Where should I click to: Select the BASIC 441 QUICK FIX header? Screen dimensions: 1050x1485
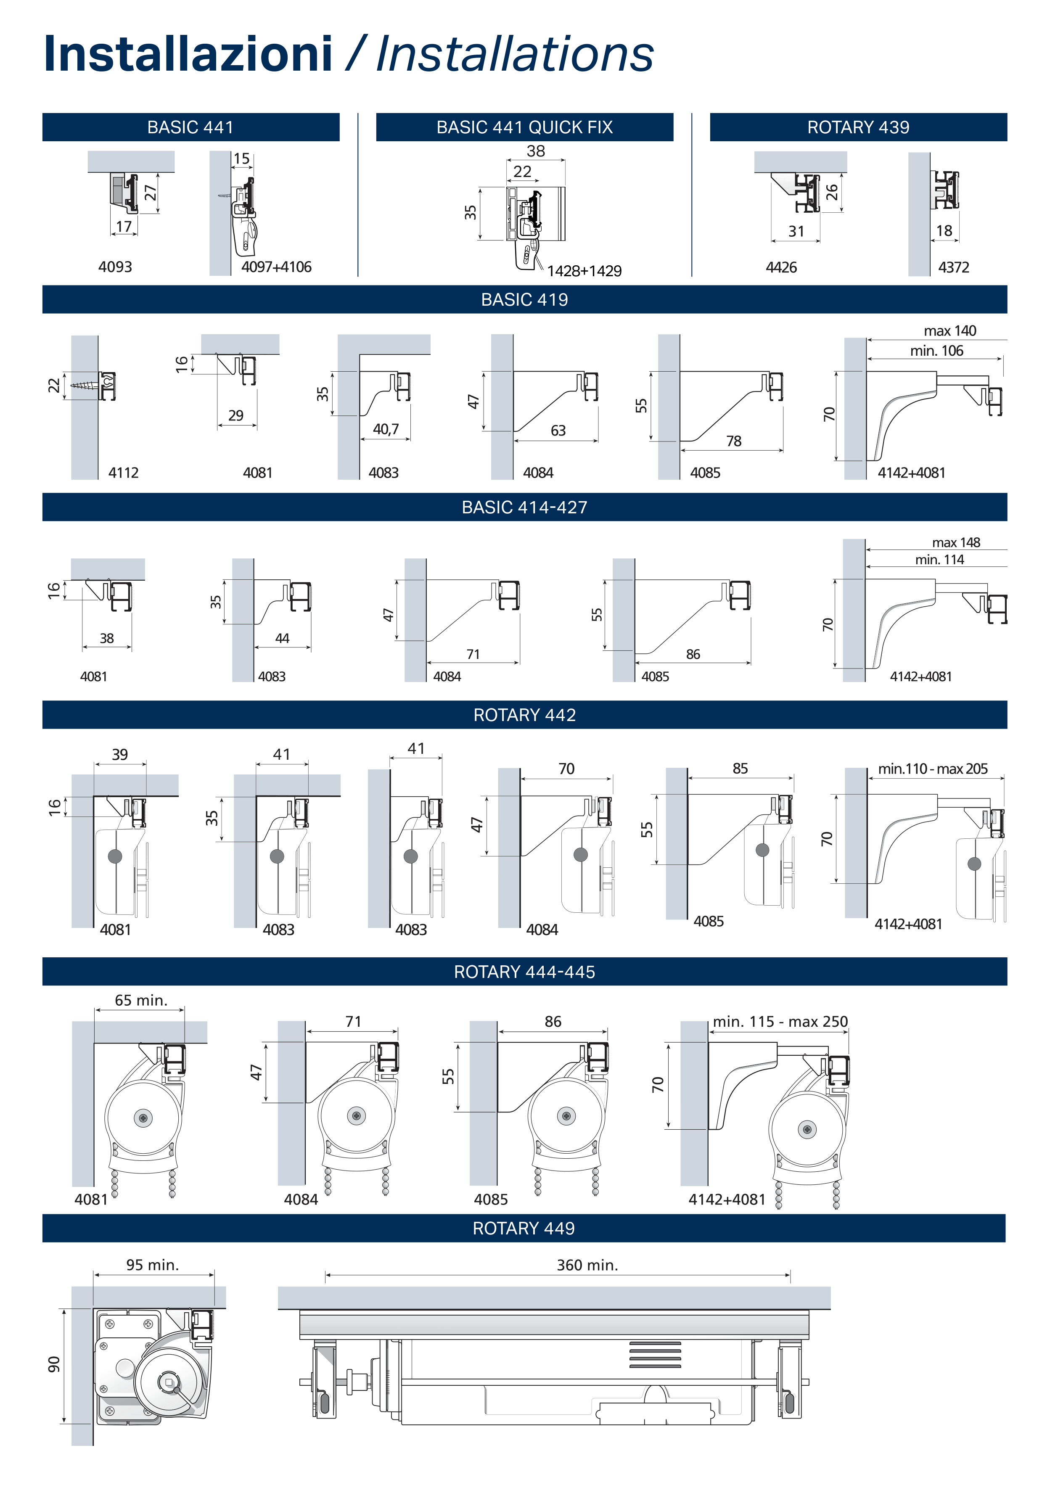pos(525,127)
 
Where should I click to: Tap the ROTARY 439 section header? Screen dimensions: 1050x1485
pos(859,127)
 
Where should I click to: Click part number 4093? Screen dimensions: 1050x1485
pos(115,267)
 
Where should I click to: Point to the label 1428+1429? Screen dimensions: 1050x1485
pos(584,271)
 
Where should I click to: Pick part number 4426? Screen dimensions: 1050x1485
pos(782,267)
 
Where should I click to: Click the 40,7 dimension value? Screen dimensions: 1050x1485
pos(386,429)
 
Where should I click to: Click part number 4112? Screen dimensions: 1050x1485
pos(124,473)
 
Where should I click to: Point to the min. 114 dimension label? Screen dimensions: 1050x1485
pos(939,560)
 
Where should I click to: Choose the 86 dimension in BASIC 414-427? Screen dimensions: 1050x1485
pos(693,655)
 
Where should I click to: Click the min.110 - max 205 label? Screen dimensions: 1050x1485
pos(933,769)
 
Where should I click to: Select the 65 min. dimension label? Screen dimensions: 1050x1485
pos(141,1001)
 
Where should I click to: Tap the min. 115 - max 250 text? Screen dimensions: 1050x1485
pos(780,1022)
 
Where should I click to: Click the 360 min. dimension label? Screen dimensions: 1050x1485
pos(587,1265)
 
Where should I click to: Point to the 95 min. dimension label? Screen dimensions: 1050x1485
pos(153,1265)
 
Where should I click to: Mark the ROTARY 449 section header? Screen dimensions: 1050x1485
pos(524,1228)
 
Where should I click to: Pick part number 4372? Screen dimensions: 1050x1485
pos(954,267)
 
